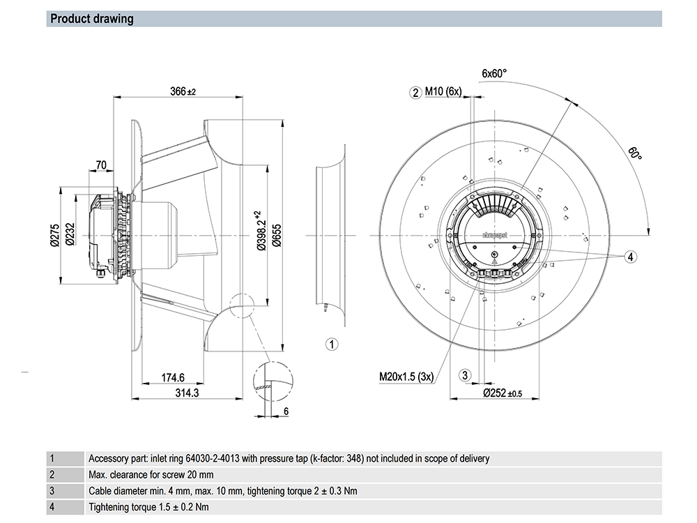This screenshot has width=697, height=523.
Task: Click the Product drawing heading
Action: [92, 19]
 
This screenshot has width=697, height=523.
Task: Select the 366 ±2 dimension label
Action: [183, 91]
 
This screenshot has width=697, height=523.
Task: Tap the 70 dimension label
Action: [101, 165]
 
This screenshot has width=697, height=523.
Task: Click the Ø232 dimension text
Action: [70, 235]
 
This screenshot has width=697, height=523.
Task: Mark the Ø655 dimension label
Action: [276, 235]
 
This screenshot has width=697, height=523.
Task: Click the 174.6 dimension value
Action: [172, 378]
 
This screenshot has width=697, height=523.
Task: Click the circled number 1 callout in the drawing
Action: [332, 344]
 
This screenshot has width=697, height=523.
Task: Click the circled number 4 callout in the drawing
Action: [630, 257]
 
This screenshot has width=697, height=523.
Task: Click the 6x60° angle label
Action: [494, 73]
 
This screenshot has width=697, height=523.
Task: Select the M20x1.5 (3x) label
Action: [406, 377]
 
